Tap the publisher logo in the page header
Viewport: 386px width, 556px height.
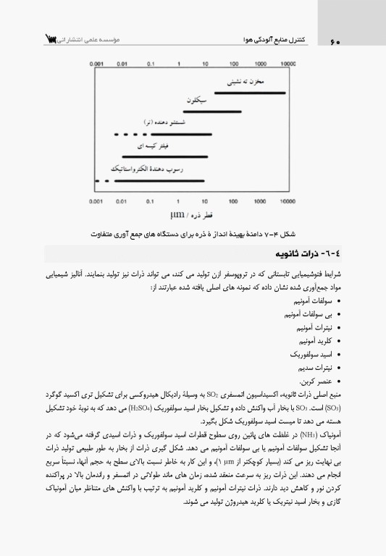(x=51, y=38)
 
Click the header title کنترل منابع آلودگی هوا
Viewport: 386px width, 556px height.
(x=267, y=39)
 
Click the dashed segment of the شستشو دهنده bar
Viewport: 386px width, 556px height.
(x=127, y=134)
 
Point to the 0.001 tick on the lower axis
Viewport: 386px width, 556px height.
(x=97, y=201)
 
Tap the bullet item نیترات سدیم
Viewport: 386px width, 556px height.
(x=312, y=368)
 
